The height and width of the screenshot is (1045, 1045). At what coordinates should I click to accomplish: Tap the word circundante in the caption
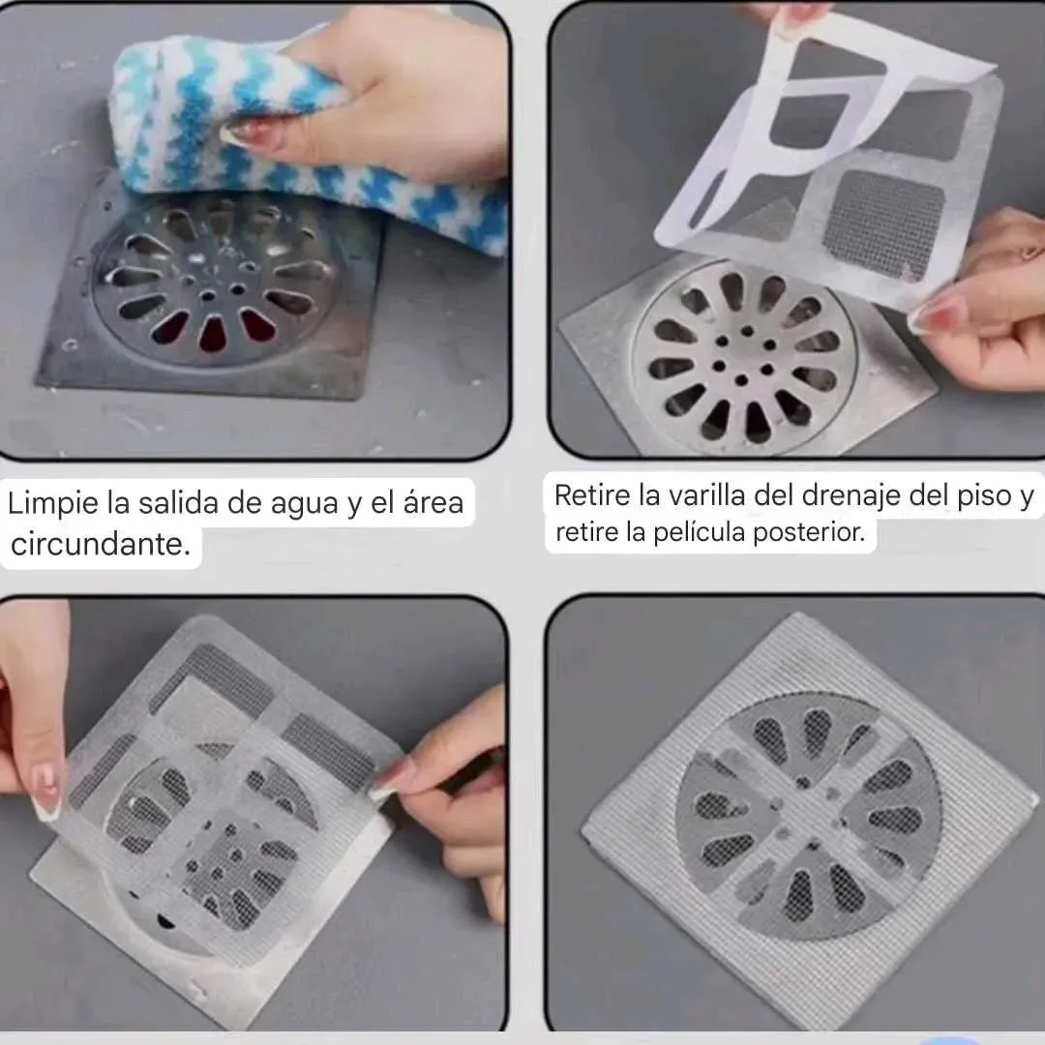coord(101,544)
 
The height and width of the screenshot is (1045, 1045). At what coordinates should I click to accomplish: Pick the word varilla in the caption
coord(705,495)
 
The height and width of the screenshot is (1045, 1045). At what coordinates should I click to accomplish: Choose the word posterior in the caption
coord(808,532)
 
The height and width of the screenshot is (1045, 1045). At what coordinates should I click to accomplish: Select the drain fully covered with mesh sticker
coord(809,817)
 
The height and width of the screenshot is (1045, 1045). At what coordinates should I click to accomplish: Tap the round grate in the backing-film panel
coord(744,356)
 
